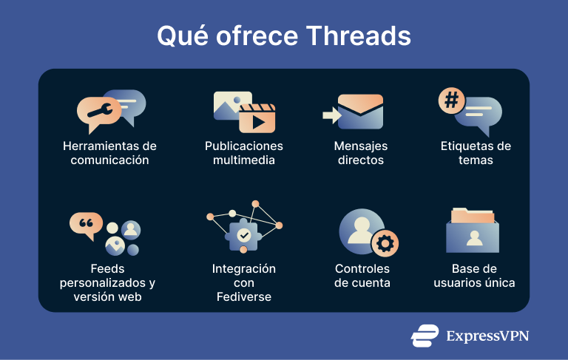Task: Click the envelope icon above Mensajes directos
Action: coord(360,112)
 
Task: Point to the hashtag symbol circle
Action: coord(450,101)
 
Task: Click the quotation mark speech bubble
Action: coord(85,224)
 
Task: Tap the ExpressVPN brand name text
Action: coord(487,336)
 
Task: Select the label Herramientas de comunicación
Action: coord(109,153)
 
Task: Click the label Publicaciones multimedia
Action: coord(244,153)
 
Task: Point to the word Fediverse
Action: coord(244,296)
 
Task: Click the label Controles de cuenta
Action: coord(362,276)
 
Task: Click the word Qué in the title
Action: coord(176,35)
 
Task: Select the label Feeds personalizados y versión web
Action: coord(107,282)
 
